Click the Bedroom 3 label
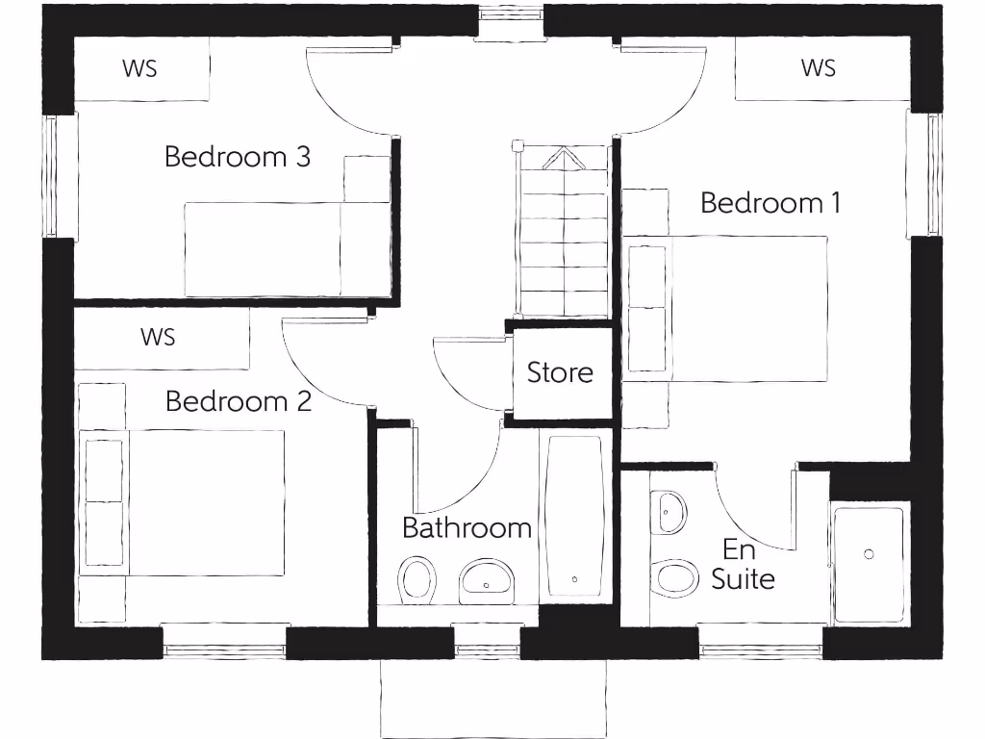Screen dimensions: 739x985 tap(237, 156)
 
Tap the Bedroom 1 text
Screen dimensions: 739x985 tap(770, 203)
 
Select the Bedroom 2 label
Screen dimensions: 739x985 tap(238, 400)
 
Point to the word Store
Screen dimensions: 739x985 tap(560, 372)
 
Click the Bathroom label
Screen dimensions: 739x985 tap(467, 527)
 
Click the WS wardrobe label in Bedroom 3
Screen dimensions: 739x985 tap(139, 68)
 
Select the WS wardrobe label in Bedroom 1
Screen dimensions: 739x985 tap(818, 67)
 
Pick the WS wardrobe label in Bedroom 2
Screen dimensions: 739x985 tap(158, 337)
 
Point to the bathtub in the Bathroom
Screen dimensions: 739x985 tap(574, 516)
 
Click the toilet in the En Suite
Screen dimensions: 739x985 tap(675, 577)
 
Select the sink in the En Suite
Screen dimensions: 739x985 tap(669, 512)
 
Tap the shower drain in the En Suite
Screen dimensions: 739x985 tap(869, 554)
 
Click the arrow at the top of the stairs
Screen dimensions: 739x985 tap(563, 158)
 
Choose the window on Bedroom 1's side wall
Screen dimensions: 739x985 tap(923, 173)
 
